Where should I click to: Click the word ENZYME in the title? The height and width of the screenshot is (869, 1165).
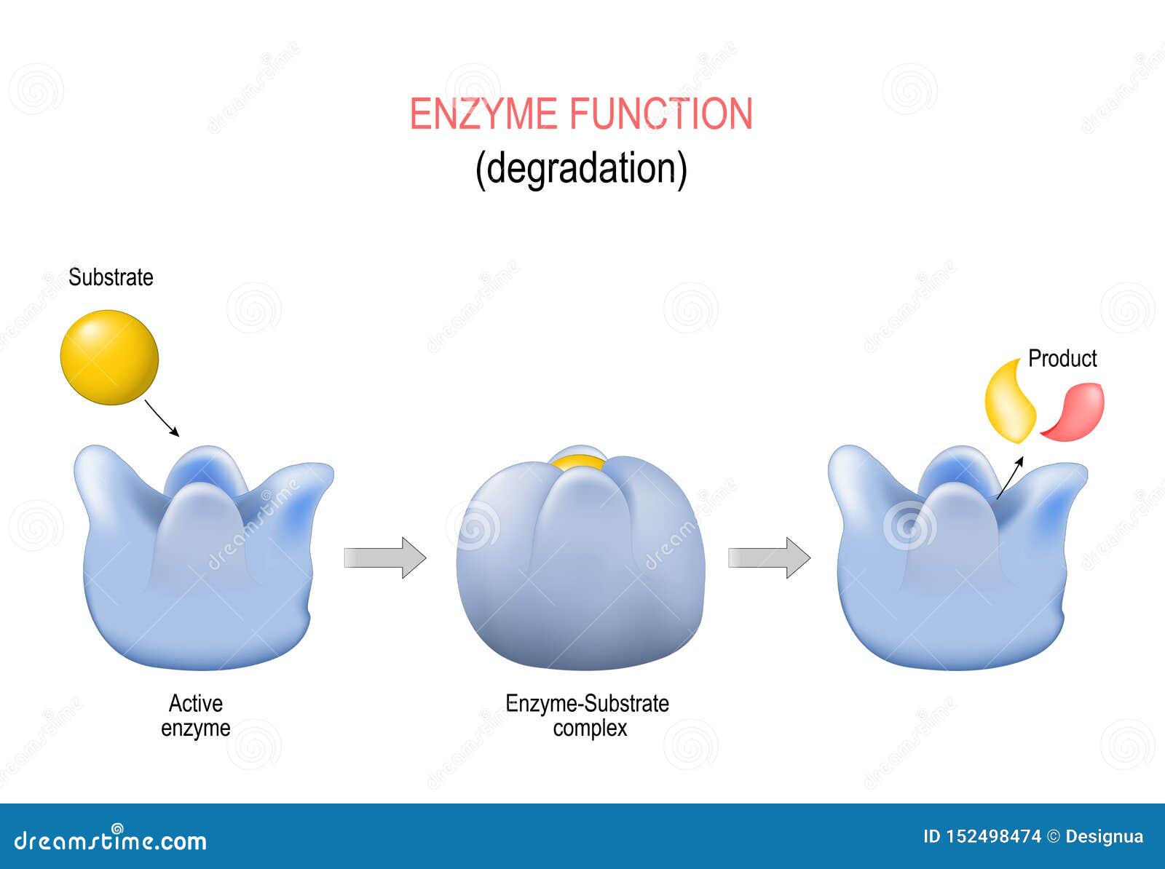click(x=483, y=114)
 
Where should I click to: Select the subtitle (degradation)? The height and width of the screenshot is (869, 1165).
click(x=581, y=170)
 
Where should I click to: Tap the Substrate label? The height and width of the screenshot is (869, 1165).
click(x=111, y=277)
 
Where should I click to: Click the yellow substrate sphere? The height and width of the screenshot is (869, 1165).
click(x=109, y=357)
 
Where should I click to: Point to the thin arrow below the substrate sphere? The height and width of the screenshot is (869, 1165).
click(x=162, y=418)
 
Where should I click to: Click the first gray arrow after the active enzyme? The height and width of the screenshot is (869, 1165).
click(x=385, y=557)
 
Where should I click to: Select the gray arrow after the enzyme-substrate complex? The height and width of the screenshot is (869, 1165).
click(x=769, y=557)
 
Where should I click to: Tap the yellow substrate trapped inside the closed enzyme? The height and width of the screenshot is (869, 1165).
click(x=579, y=463)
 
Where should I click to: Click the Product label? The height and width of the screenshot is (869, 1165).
click(x=1062, y=359)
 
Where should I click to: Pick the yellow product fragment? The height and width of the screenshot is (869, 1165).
click(x=1009, y=402)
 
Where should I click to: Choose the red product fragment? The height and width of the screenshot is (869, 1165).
click(x=1073, y=412)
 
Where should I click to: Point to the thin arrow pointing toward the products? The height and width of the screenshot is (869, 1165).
click(x=1009, y=478)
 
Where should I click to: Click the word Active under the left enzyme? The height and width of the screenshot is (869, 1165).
click(x=195, y=704)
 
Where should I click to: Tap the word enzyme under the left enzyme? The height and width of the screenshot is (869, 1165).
click(x=195, y=728)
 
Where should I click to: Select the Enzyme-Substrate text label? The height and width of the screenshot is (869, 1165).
click(x=587, y=704)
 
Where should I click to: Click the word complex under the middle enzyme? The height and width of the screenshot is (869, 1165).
click(x=590, y=729)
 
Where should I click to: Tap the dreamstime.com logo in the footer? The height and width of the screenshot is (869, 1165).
click(x=111, y=838)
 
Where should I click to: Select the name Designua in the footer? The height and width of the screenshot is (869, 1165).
click(x=1104, y=837)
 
